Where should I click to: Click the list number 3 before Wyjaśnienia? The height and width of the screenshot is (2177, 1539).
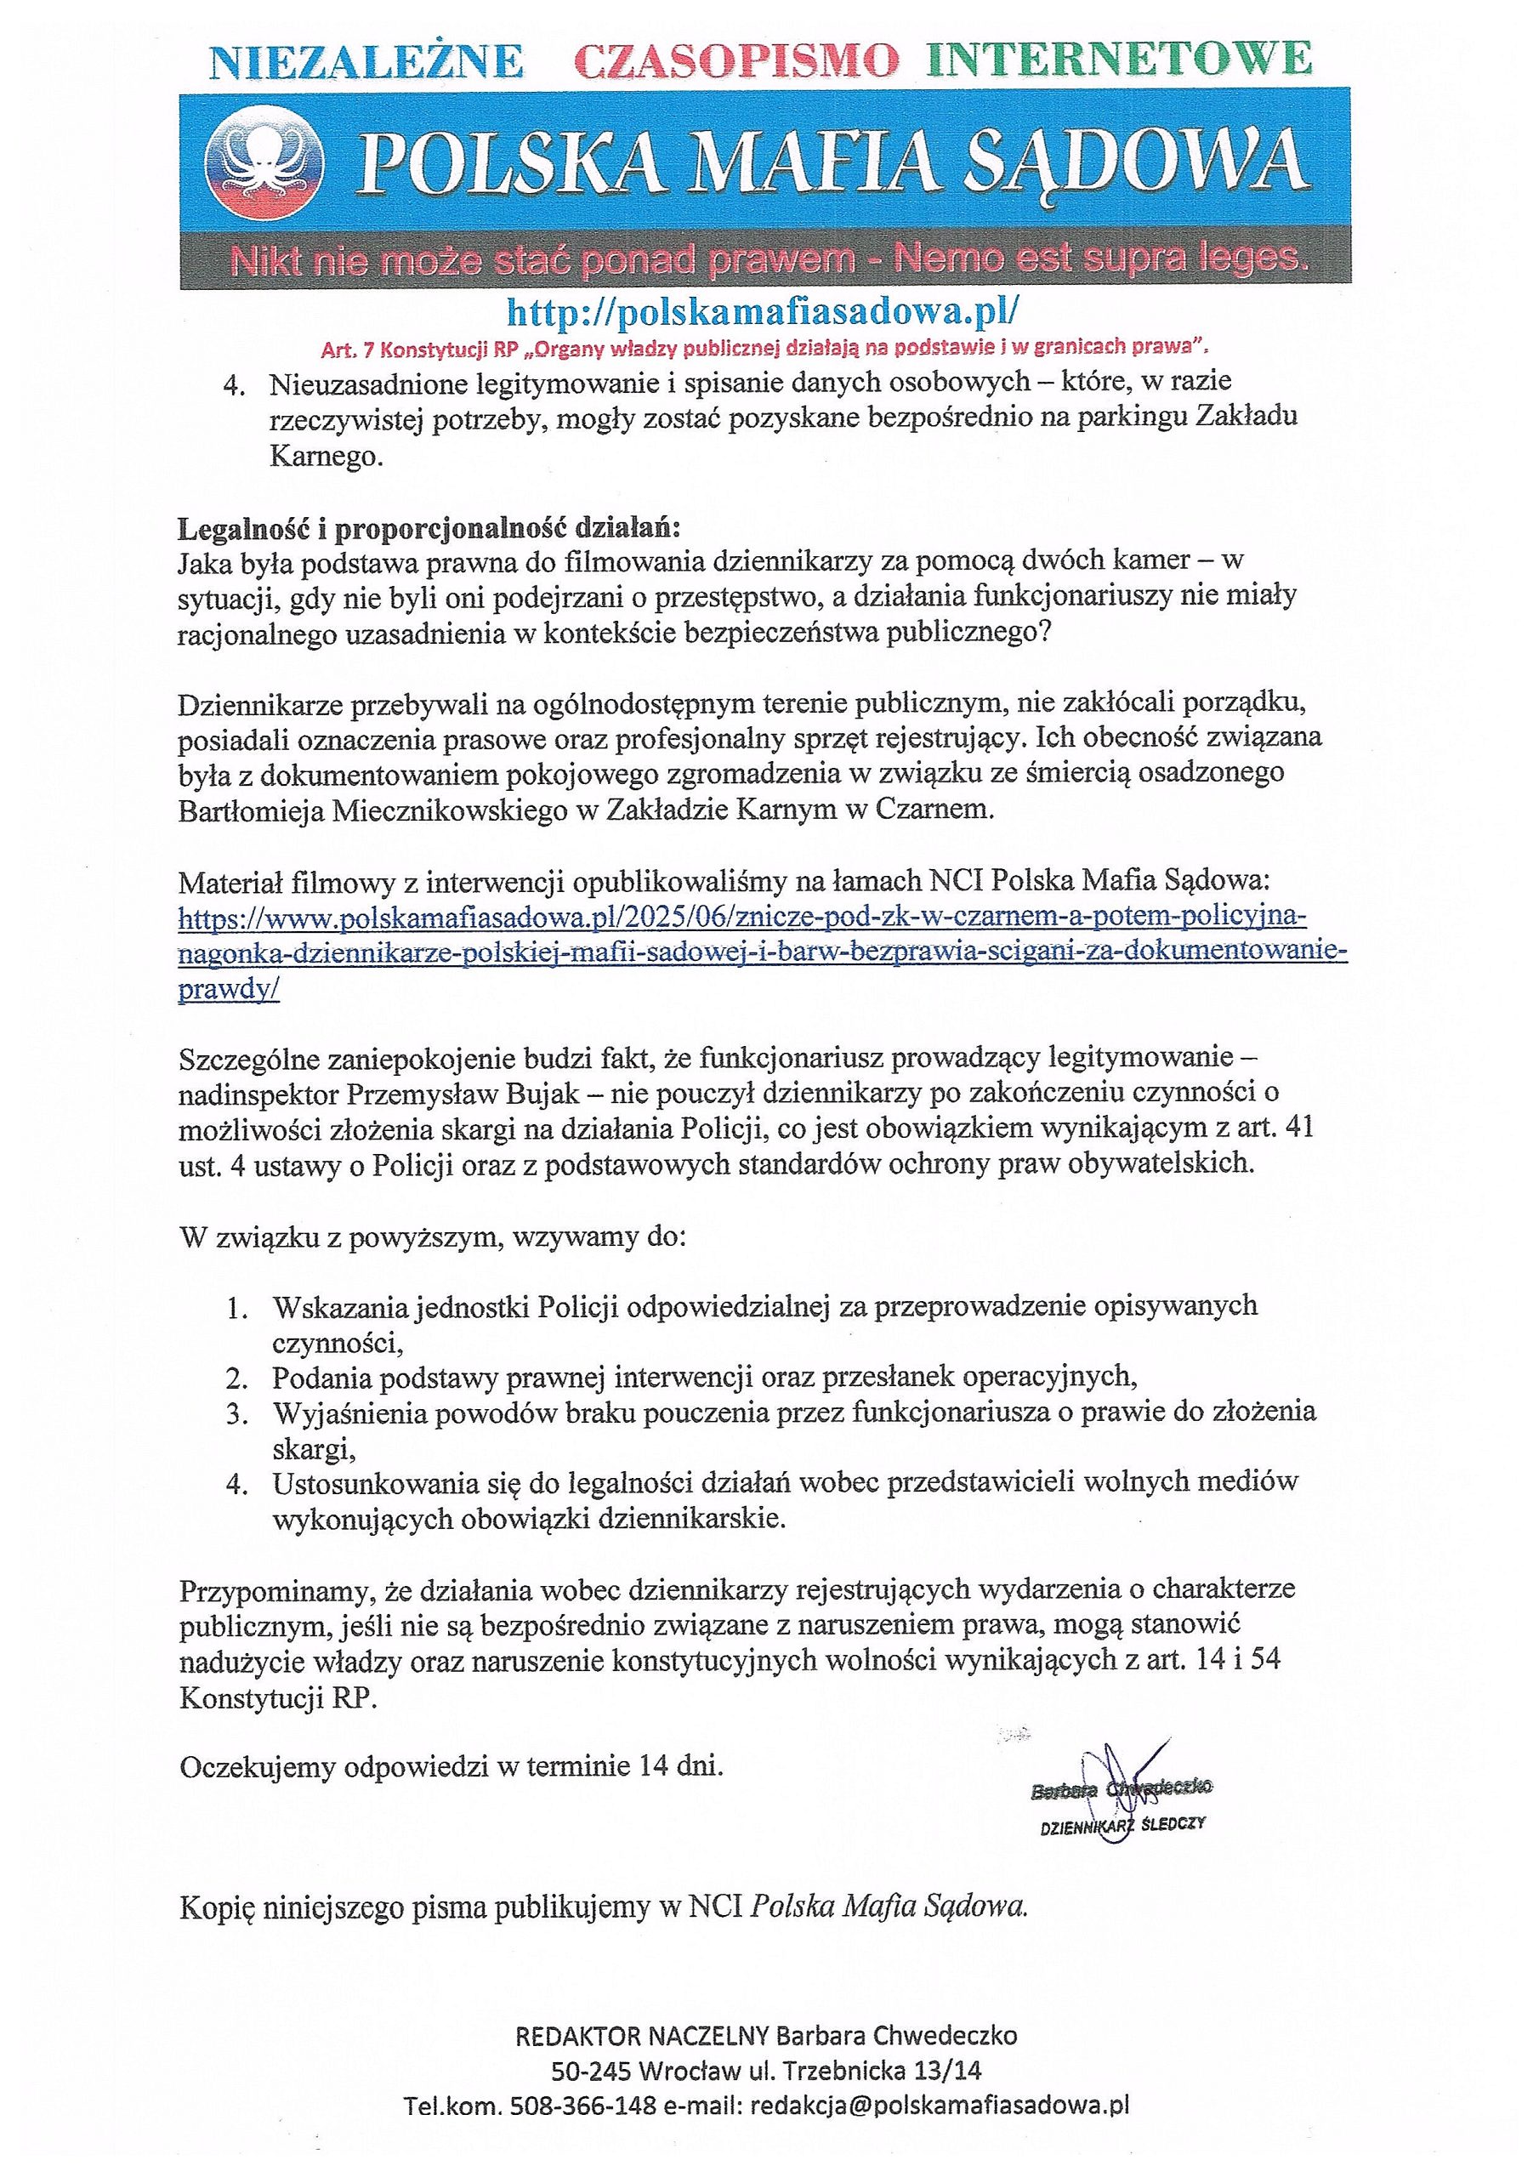click(236, 1412)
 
